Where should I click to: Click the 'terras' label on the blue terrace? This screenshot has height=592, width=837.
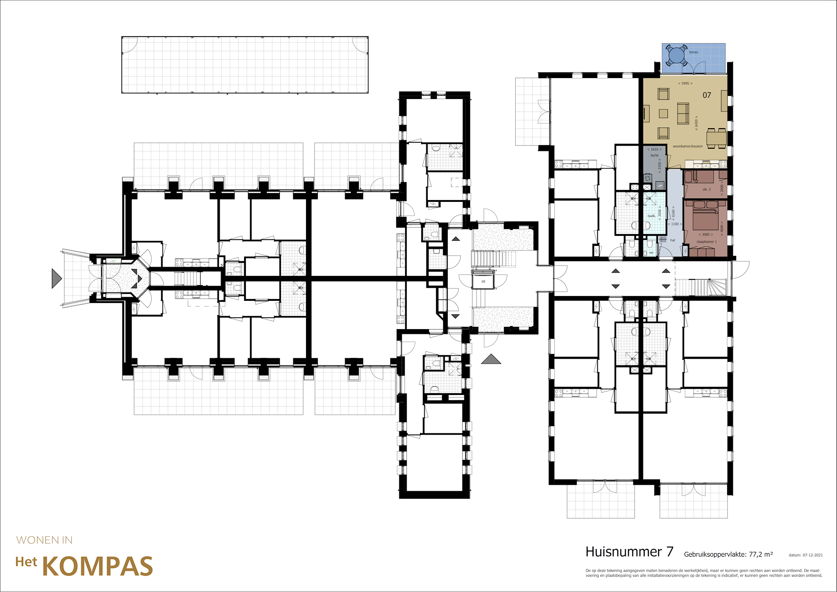694,52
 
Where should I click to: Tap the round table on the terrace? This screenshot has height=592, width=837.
676,55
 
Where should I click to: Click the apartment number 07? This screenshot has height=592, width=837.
707,95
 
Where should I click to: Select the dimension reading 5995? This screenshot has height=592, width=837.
685,83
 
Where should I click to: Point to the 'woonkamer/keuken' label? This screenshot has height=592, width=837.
687,146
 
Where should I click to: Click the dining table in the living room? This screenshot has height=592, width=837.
716,138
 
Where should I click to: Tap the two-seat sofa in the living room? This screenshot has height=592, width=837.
683,113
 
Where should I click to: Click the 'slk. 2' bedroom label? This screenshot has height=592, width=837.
706,190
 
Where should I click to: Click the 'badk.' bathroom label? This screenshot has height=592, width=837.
651,216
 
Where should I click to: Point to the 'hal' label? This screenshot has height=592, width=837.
673,240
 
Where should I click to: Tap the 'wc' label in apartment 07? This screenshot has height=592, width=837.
651,253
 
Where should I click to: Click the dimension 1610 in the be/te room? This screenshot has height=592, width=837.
654,150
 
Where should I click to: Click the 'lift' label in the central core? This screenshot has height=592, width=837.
483,282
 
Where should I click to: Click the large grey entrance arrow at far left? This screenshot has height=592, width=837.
56,279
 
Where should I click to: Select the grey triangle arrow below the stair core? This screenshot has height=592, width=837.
491,359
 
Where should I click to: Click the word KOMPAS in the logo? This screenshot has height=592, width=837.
98,566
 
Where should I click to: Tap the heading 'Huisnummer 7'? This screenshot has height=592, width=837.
629,552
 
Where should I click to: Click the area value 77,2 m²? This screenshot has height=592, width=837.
761,554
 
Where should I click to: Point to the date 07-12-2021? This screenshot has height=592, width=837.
813,555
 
